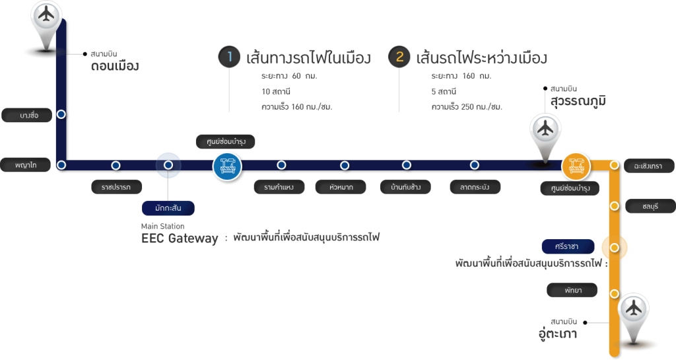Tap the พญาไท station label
pyautogui.click(x=26, y=165)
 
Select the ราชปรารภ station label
pyautogui.click(x=116, y=188)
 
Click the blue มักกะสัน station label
pyautogui.click(x=168, y=209)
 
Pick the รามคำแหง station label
pyautogui.click(x=279, y=188)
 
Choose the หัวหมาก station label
pyautogui.click(x=341, y=188)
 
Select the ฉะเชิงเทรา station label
pyautogui.click(x=648, y=165)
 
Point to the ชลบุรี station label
pyautogui.click(x=649, y=206)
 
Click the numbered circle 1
pyautogui.click(x=228, y=57)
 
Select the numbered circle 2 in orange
pyautogui.click(x=399, y=57)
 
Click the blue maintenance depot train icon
pyautogui.click(x=227, y=166)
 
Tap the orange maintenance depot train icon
pyautogui.click(x=575, y=165)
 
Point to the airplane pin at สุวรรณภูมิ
pyautogui.click(x=545, y=129)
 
